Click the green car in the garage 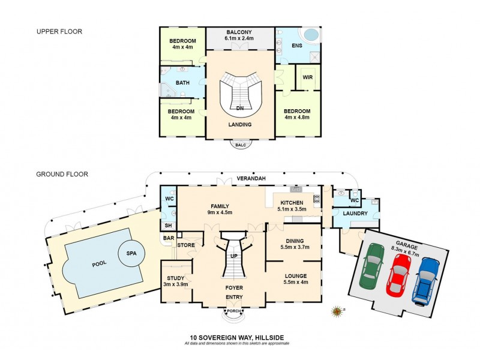coord(372,265)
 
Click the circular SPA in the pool coord(131,253)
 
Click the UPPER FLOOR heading coord(59,31)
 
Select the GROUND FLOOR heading coord(62,175)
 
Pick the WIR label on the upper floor coord(307,77)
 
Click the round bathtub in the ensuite coord(311,35)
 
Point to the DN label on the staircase coord(239,108)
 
